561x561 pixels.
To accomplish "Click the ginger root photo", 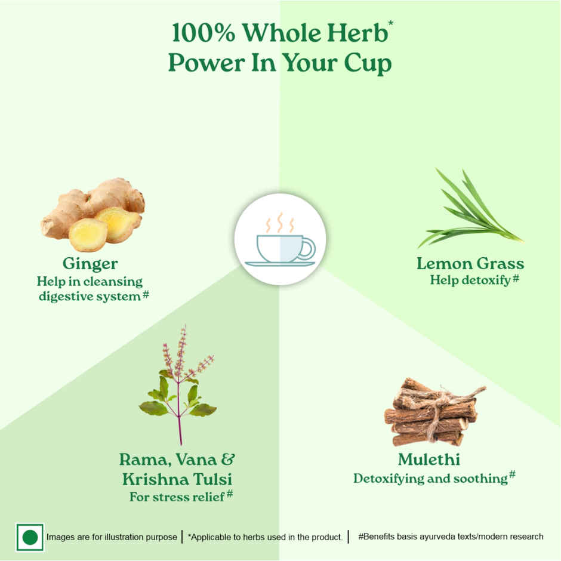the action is click(93, 215).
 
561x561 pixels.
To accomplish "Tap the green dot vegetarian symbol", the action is click(30, 537).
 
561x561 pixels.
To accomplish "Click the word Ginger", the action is click(90, 264).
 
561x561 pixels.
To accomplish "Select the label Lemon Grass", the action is click(470, 264).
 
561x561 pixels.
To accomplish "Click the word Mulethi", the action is click(429, 460).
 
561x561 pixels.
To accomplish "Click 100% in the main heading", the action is click(204, 33).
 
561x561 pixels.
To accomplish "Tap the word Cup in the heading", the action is click(368, 63).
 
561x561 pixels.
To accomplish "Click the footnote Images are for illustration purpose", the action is click(112, 537).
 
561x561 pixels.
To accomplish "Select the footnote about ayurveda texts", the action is click(451, 537).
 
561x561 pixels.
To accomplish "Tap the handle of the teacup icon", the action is click(309, 249).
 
